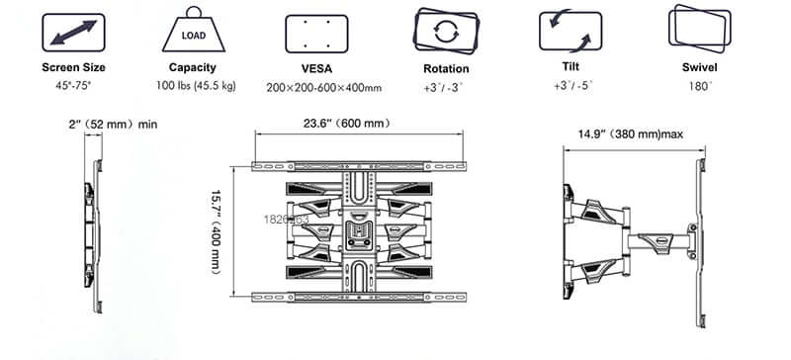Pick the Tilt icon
tap(570, 33)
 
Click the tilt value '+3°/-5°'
tap(570, 87)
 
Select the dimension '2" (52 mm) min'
tap(113, 124)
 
